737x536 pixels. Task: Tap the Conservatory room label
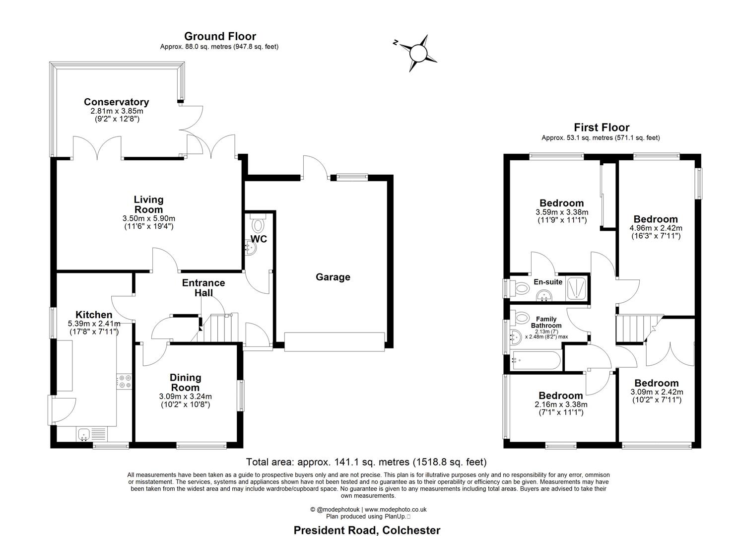(116, 102)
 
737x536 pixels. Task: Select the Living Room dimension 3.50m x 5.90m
(148, 218)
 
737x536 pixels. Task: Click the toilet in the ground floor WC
(258, 224)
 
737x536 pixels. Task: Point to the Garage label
(333, 277)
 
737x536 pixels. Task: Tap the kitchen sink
(83, 434)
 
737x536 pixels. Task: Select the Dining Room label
(185, 383)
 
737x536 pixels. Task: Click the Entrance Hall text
(203, 288)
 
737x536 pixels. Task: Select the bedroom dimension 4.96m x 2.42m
(656, 228)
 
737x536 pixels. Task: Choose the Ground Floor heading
(220, 36)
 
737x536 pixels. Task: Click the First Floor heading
(601, 128)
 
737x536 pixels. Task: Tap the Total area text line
(366, 462)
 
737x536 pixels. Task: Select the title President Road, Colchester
(367, 530)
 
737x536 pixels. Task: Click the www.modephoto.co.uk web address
(396, 509)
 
